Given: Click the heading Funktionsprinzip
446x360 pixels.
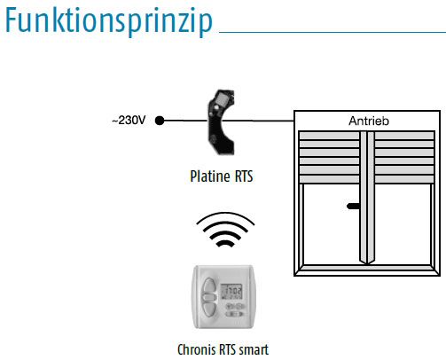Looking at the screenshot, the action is (x=109, y=21).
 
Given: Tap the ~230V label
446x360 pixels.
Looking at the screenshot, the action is (x=129, y=121).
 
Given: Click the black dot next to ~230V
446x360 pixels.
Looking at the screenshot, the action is (x=160, y=121).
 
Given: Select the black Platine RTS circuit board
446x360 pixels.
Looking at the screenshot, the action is (x=221, y=122).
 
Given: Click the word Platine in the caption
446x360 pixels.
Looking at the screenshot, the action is (x=210, y=176).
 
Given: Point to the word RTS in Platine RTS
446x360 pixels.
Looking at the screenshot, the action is (x=244, y=176).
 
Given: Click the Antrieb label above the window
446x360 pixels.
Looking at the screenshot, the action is (x=369, y=121).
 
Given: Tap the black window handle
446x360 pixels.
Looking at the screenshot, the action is (x=353, y=206).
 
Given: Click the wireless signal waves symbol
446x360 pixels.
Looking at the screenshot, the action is (x=225, y=230).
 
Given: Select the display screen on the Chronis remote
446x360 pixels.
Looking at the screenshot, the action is (x=232, y=292).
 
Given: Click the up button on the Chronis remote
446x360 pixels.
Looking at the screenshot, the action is (x=209, y=286).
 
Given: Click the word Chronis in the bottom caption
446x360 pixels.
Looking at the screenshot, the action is (x=197, y=349).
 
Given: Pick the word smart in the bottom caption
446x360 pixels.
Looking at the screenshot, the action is (x=254, y=350).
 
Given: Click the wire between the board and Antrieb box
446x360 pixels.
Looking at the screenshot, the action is (x=258, y=121).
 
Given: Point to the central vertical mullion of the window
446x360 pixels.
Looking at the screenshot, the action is (x=367, y=198).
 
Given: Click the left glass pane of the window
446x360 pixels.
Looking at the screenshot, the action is (x=332, y=224).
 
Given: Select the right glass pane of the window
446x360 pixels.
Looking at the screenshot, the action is (x=403, y=224).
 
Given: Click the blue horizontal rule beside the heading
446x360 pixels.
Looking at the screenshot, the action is (x=333, y=32).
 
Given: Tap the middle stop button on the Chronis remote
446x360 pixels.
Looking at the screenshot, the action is (x=209, y=297).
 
